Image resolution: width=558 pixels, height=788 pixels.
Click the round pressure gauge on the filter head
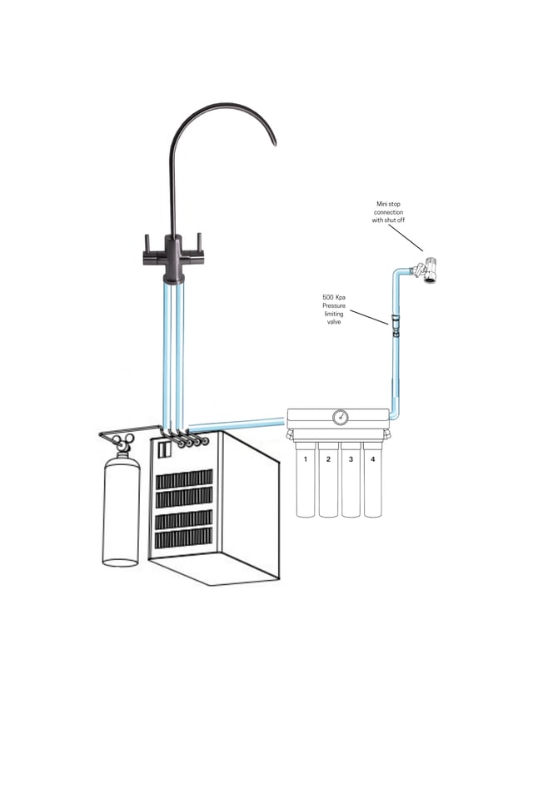pos(340,417)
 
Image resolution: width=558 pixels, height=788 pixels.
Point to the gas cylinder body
pos(121,512)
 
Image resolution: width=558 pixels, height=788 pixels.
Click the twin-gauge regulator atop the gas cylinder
pos(124,442)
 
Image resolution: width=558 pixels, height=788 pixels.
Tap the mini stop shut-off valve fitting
pos(426,270)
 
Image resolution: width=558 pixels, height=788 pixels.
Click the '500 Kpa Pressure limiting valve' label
pos(334,309)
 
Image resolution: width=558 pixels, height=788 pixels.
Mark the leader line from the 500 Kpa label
pos(369,316)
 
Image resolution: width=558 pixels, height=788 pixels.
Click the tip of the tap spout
pos(273,143)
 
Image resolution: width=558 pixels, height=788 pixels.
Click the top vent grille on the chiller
pos(184,479)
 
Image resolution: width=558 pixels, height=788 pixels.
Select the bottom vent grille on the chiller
pos(184,538)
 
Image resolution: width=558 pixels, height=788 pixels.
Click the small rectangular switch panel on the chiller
pos(164,449)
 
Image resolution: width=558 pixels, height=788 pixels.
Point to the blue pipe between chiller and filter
pos(237,424)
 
